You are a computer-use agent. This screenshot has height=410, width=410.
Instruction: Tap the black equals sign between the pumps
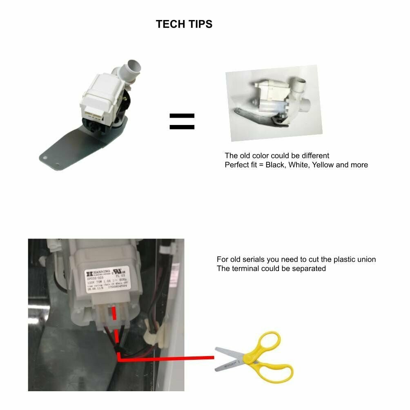[182, 121]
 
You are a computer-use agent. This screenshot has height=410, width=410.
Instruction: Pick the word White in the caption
[299, 165]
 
